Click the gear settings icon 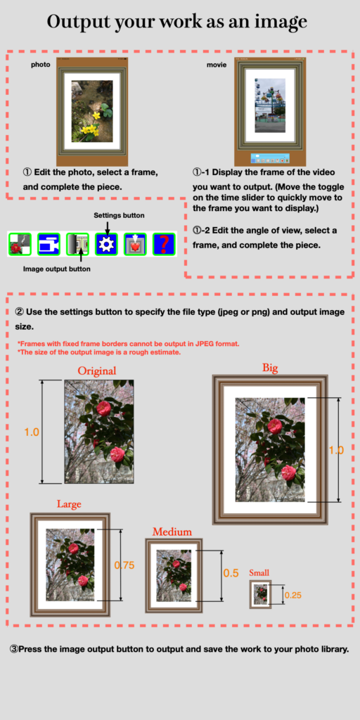point(106,244)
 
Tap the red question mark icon point(164,244)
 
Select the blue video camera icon point(49,244)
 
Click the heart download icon point(135,244)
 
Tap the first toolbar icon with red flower point(20,244)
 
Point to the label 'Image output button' point(57,269)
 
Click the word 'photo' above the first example point(40,65)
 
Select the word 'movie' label point(217,65)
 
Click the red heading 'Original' point(97,371)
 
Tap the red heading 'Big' point(270,367)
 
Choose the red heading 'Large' point(69,504)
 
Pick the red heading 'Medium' point(172,532)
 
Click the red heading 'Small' point(259,572)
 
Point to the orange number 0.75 point(124,565)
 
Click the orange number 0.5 point(231,573)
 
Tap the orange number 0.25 point(293,596)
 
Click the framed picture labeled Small point(260,594)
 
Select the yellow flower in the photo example point(96,115)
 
